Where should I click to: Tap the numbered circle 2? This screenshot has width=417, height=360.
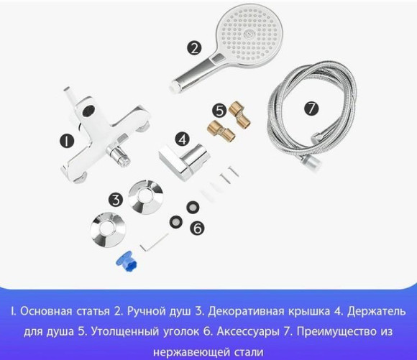(x=194, y=48)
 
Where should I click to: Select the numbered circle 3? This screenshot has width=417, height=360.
(x=116, y=199)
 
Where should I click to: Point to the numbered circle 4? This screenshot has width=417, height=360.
(x=183, y=138)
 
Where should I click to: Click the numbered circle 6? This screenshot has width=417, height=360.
(x=198, y=228)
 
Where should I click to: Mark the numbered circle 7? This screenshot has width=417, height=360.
(x=311, y=109)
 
